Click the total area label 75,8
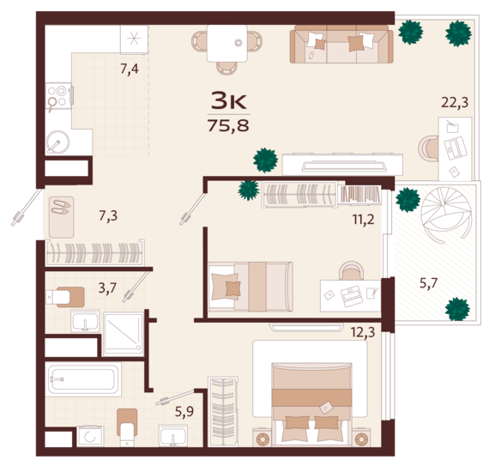click(228, 126)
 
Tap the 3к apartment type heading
click(228, 100)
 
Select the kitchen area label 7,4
click(130, 69)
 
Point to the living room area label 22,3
click(455, 102)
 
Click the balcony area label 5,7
click(428, 283)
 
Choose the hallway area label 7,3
click(108, 215)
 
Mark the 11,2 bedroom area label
click(364, 220)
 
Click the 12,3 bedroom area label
click(363, 332)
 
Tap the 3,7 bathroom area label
click(107, 287)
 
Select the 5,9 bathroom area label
click(184, 412)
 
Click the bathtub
click(83, 379)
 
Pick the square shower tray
click(124, 334)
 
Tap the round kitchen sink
click(58, 142)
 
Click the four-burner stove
click(58, 96)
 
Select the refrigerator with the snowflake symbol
click(134, 39)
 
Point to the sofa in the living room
click(341, 45)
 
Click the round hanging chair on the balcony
click(446, 215)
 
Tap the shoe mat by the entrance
click(61, 217)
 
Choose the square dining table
click(227, 44)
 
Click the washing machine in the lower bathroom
click(90, 436)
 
